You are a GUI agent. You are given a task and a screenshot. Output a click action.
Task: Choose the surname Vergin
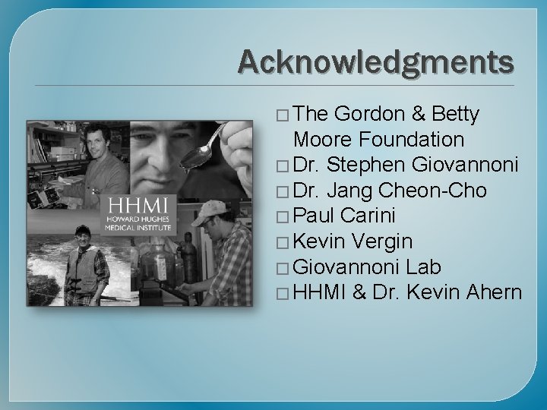[x=385, y=241]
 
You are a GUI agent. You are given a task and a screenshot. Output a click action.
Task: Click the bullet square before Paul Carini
[x=284, y=217]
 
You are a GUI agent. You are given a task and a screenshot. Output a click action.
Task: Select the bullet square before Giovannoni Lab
[x=284, y=268]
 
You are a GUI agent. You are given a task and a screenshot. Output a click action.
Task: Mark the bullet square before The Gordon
[x=284, y=115]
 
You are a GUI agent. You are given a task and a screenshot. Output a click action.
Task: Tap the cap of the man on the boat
[x=81, y=230]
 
